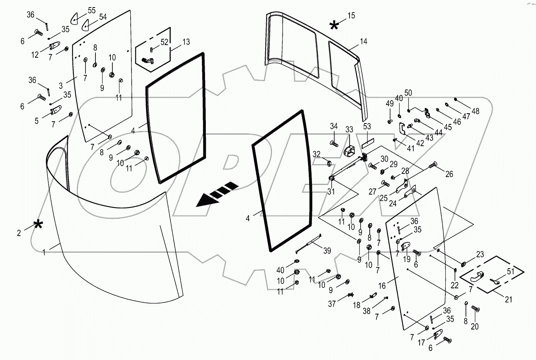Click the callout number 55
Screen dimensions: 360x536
tap(91, 10)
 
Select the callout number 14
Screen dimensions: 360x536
tap(364, 41)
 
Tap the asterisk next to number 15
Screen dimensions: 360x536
tap(334, 26)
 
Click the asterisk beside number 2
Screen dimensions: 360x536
tap(38, 225)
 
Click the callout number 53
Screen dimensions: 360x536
tap(367, 126)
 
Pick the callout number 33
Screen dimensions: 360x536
tap(349, 130)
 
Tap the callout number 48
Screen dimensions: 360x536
tap(475, 111)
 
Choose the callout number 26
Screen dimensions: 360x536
tap(449, 174)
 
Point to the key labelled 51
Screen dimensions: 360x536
tap(495, 281)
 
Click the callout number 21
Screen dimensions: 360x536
tap(508, 300)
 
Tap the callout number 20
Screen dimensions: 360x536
tap(475, 327)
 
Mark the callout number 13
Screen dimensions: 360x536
tap(186, 42)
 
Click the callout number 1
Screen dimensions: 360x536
tap(44, 252)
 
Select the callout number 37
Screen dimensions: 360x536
tap(331, 304)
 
